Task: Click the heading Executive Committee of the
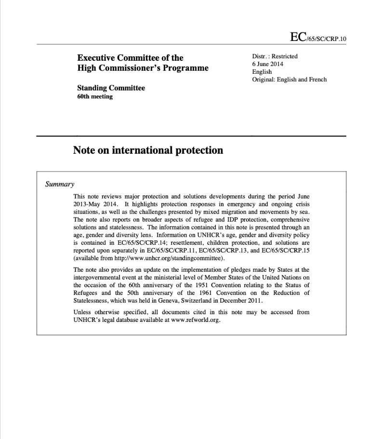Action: pos(130,58)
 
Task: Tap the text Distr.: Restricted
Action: pos(275,56)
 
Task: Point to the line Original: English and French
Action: pos(290,80)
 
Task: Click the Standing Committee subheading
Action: pos(111,88)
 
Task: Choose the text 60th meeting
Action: pos(95,96)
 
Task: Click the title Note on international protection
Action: pos(148,150)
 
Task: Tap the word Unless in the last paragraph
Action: pos(82,312)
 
